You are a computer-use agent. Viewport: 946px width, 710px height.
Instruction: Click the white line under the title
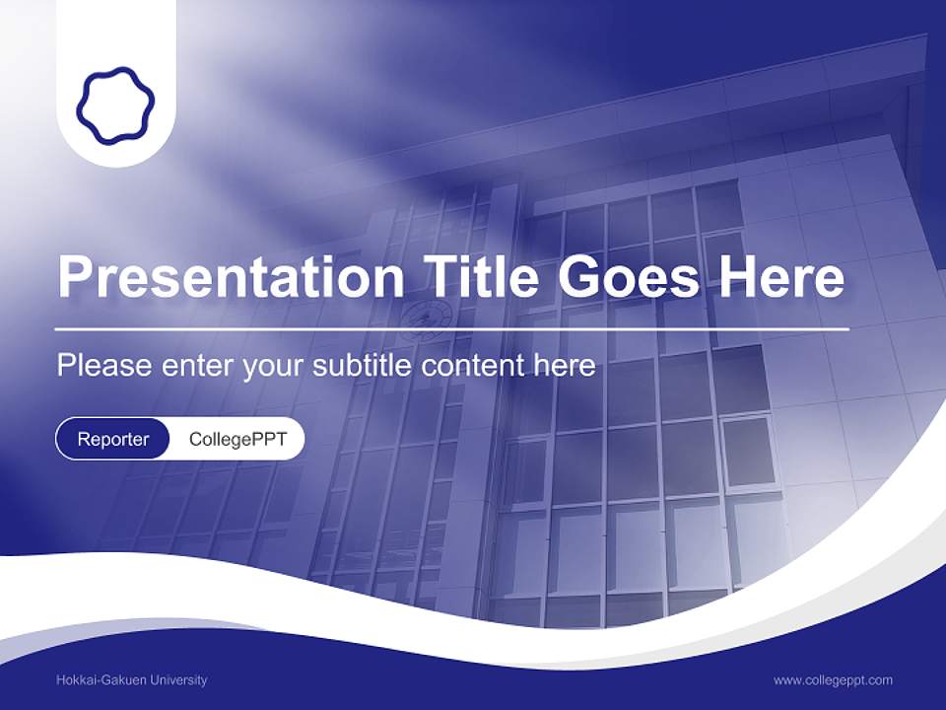[452, 327]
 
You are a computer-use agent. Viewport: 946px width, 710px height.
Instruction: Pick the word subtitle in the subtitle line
[364, 366]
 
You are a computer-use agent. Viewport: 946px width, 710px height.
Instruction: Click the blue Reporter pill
[113, 439]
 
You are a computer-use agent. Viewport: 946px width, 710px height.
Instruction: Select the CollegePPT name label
[237, 439]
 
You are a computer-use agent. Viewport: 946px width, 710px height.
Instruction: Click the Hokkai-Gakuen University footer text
[132, 679]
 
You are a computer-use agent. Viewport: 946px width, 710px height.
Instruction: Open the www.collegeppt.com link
[833, 679]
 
